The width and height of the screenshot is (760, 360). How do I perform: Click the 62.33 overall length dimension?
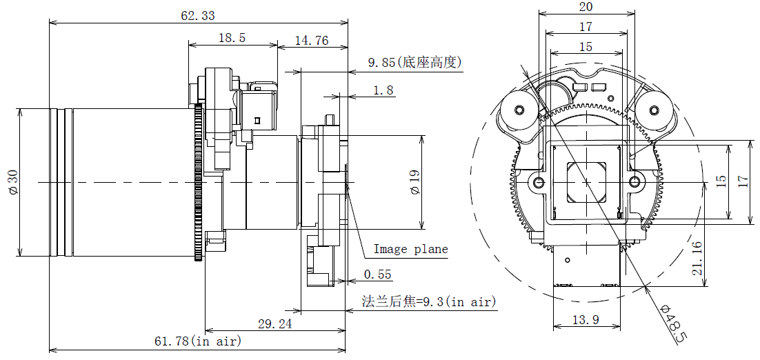(x=198, y=15)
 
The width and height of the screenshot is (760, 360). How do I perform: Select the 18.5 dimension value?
(x=232, y=39)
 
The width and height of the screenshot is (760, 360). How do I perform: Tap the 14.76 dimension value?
(x=312, y=41)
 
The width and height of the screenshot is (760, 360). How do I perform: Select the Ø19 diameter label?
(x=414, y=183)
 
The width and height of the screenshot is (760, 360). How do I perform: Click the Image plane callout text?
(x=410, y=249)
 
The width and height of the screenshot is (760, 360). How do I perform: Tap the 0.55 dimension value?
(x=377, y=274)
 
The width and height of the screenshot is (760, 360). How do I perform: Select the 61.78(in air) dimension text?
(x=197, y=341)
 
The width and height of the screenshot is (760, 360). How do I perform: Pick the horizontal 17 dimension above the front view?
(x=586, y=27)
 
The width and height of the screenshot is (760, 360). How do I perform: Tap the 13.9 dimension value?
(x=586, y=319)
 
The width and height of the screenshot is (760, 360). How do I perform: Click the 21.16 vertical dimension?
(x=697, y=259)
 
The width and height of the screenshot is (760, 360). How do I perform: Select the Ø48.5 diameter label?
(x=672, y=323)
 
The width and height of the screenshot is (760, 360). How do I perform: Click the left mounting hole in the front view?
(x=539, y=183)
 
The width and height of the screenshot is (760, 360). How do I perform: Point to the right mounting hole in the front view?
(x=634, y=183)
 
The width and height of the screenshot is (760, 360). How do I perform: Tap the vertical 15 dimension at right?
(x=721, y=181)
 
